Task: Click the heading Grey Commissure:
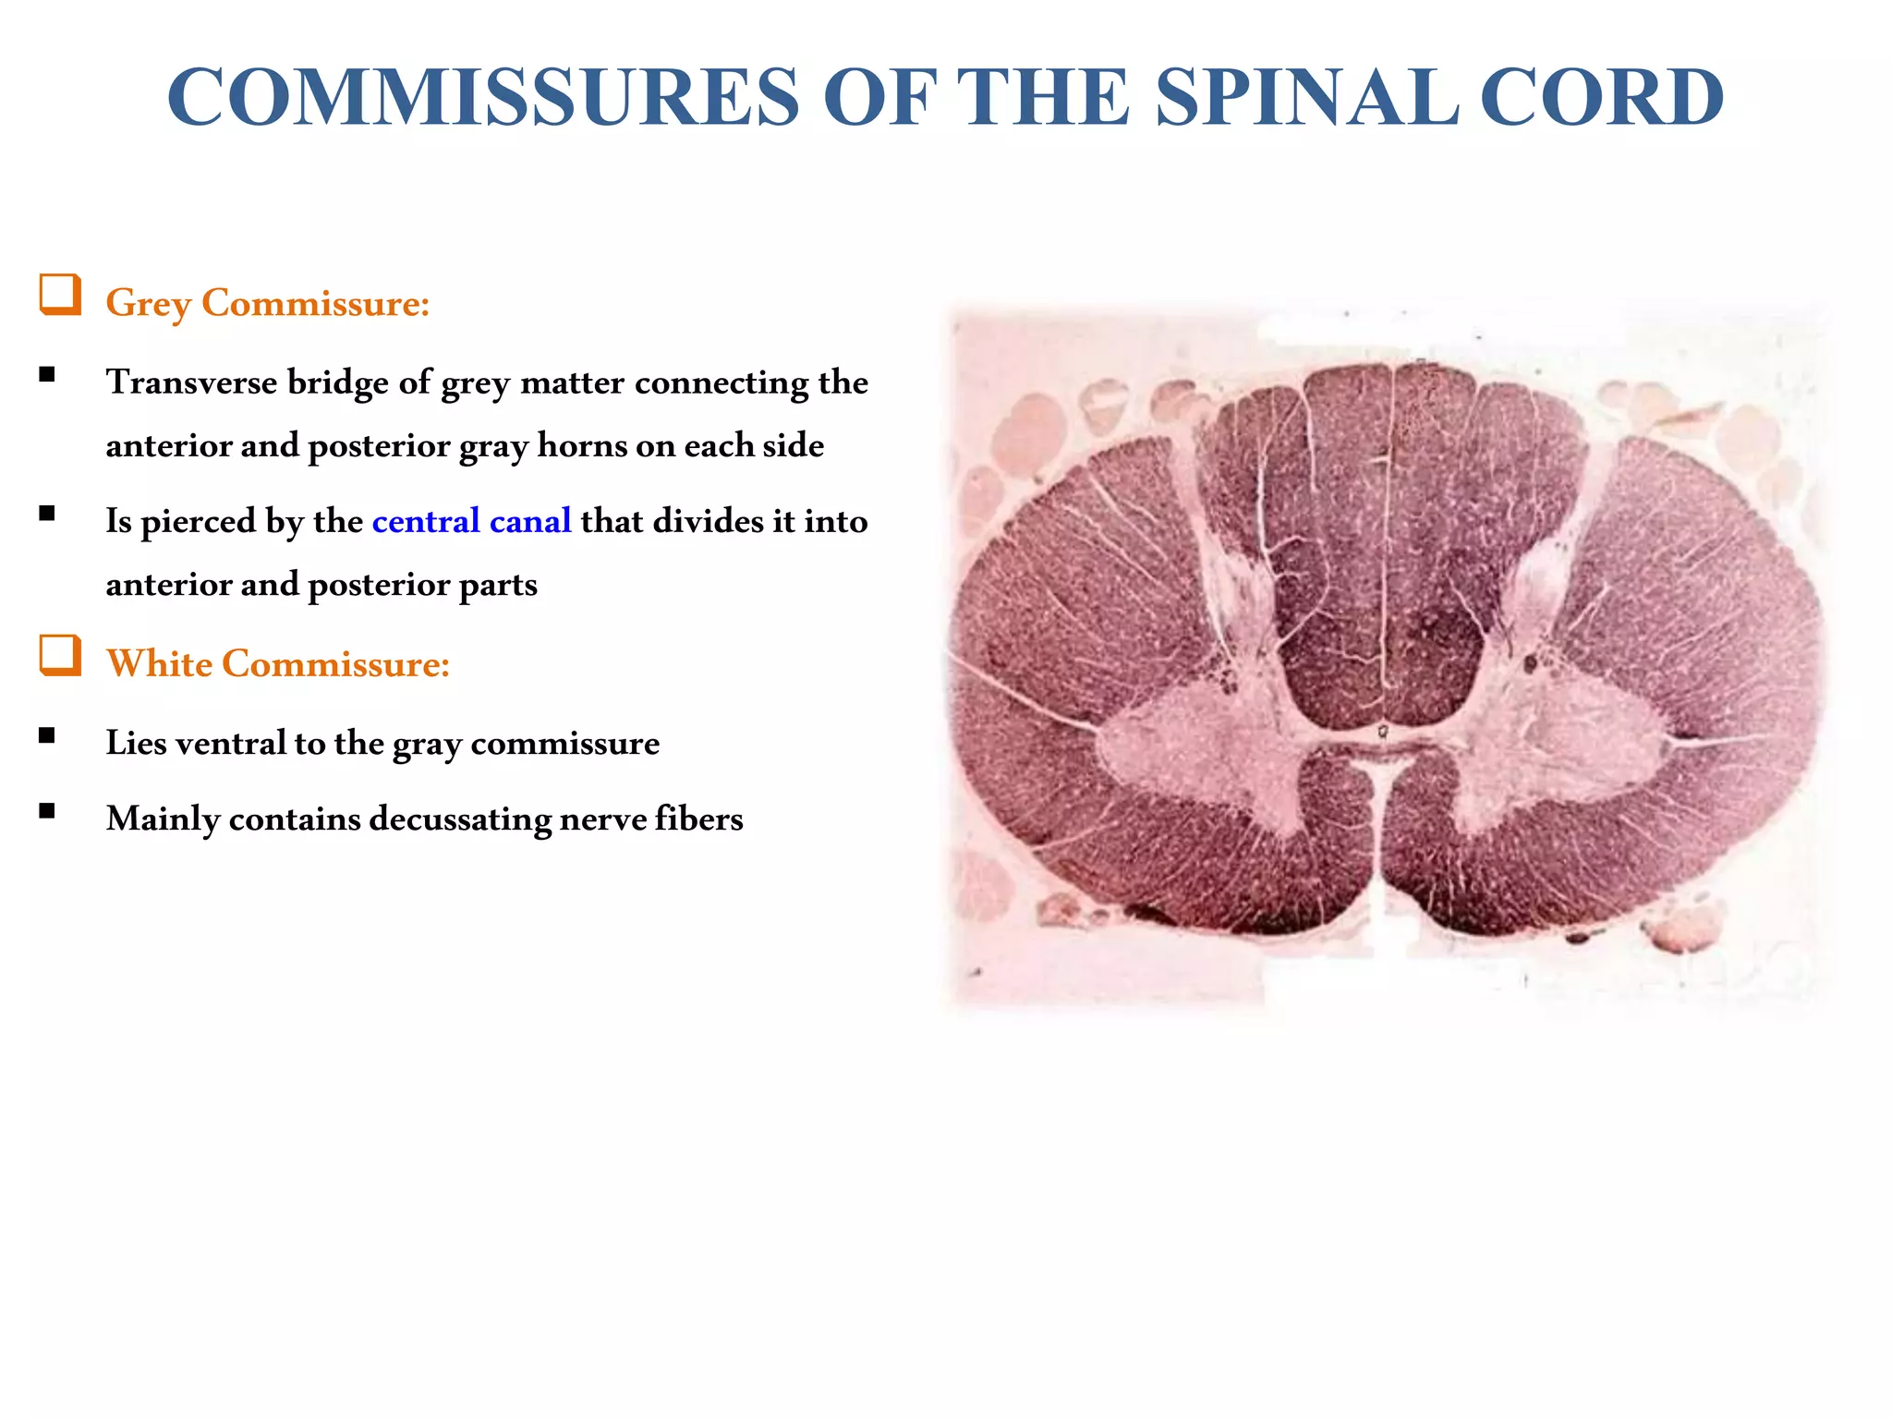coord(268,304)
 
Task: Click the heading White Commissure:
coord(278,664)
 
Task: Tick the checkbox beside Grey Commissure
coord(59,295)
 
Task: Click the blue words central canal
coord(471,521)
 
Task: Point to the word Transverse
coord(191,382)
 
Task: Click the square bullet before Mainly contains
coord(47,812)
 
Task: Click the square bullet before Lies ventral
coord(47,736)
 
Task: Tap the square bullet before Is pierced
coord(47,515)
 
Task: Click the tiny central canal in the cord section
coord(1383,732)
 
